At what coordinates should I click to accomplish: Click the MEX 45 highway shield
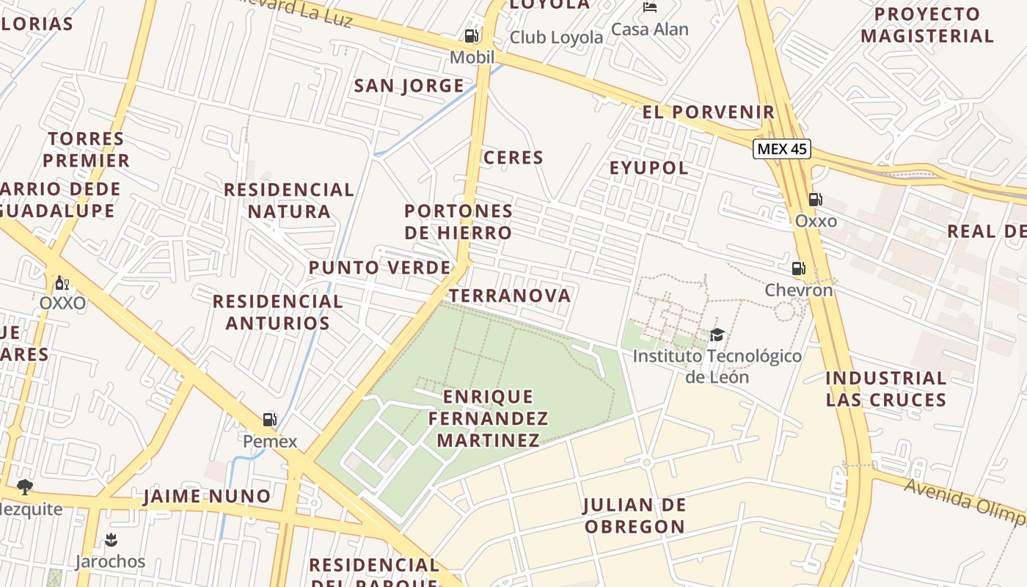click(x=782, y=149)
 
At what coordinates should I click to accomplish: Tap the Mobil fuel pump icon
click(x=471, y=36)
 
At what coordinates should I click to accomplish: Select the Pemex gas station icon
click(x=270, y=420)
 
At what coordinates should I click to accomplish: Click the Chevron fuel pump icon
click(x=798, y=269)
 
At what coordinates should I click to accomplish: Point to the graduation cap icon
click(x=717, y=335)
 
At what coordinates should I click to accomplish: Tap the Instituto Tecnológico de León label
click(x=717, y=366)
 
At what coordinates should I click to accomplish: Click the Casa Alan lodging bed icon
click(x=650, y=7)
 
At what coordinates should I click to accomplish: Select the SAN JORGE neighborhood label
click(x=409, y=86)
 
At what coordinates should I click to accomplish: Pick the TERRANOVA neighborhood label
click(x=509, y=296)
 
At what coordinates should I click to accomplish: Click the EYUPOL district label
click(x=649, y=168)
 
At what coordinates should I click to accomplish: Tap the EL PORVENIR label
click(x=708, y=112)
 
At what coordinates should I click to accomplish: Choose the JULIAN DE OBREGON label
click(x=635, y=516)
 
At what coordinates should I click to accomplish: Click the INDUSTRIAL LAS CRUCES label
click(x=886, y=389)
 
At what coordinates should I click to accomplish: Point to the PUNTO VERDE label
click(x=379, y=268)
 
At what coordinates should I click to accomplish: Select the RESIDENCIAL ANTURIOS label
click(x=277, y=312)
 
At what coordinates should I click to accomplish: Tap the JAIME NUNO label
click(x=207, y=497)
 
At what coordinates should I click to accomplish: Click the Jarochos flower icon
click(x=111, y=541)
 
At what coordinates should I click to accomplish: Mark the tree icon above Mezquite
click(x=25, y=486)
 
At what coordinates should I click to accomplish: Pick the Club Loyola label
click(x=556, y=37)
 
